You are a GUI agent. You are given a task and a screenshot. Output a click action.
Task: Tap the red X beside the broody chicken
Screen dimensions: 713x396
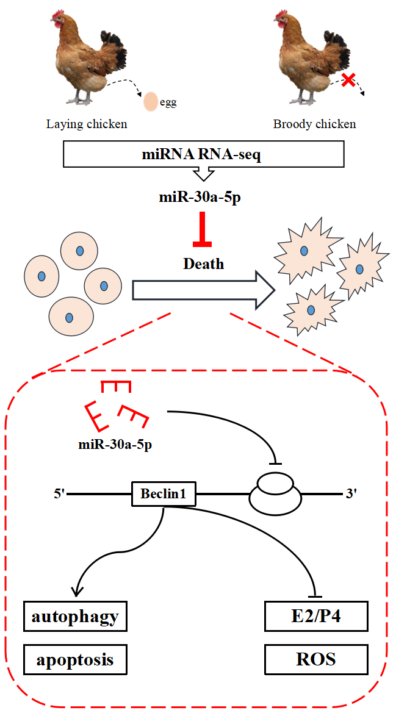pyautogui.click(x=348, y=79)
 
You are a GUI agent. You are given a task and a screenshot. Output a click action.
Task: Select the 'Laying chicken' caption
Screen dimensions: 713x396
pyautogui.click(x=87, y=124)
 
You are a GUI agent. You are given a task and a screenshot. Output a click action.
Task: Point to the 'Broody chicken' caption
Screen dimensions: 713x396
pyautogui.click(x=314, y=124)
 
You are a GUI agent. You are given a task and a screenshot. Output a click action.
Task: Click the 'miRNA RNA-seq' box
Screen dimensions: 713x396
pyautogui.click(x=202, y=156)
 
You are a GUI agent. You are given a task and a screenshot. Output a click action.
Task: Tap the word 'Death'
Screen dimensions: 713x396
pyautogui.click(x=203, y=264)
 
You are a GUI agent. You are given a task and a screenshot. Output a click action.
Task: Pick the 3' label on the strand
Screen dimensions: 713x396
pyautogui.click(x=351, y=493)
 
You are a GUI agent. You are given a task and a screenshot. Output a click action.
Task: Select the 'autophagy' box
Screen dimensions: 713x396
pyautogui.click(x=76, y=617)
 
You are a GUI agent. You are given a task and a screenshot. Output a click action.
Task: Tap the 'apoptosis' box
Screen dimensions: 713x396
pyautogui.click(x=76, y=659)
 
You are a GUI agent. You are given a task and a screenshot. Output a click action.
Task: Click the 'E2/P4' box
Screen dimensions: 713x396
pyautogui.click(x=317, y=617)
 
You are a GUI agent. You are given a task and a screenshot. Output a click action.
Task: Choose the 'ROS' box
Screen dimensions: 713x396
pyautogui.click(x=317, y=659)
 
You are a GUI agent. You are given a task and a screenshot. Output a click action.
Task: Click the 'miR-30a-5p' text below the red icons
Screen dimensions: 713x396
pyautogui.click(x=115, y=444)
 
